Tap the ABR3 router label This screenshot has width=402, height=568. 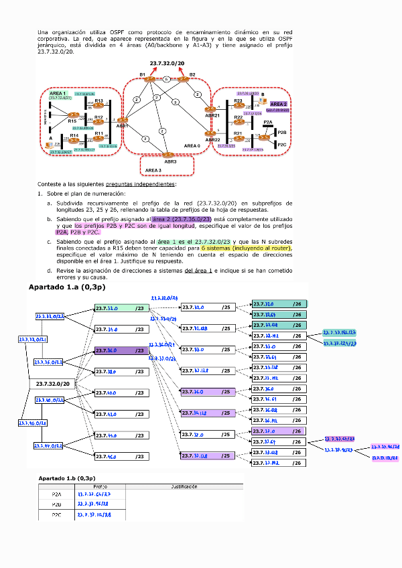170,161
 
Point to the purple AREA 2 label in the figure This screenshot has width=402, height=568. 279,104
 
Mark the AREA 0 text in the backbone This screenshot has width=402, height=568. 192,145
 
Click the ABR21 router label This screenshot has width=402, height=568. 212,115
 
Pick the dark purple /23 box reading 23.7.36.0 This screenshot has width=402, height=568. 121,350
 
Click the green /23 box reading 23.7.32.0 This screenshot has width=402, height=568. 121,308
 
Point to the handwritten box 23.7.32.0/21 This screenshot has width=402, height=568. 32,340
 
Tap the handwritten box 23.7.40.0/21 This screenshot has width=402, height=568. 50,401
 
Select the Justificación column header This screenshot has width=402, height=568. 184,486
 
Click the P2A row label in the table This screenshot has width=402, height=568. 57,494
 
